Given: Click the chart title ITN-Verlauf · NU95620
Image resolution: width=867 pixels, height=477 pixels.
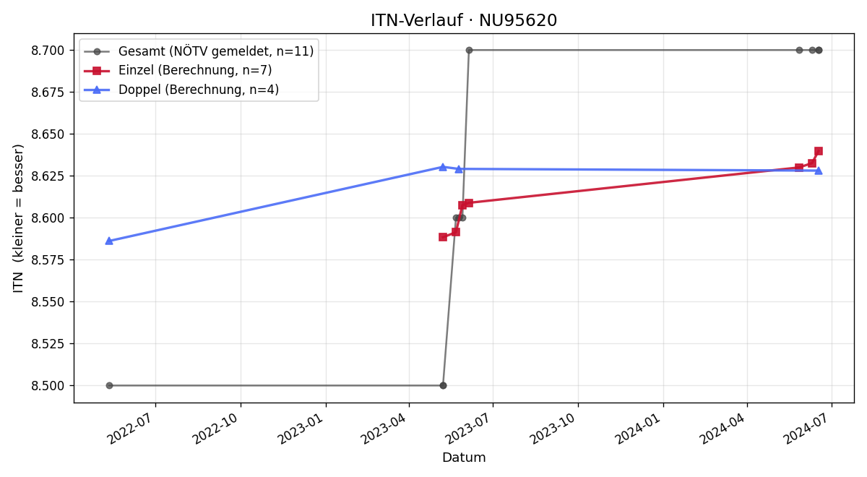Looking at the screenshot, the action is pyautogui.click(x=464, y=20).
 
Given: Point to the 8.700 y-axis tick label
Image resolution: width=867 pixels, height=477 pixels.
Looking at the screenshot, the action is pyautogui.click(x=48, y=51).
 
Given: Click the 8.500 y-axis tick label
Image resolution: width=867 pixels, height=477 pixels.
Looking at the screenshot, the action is pyautogui.click(x=48, y=386).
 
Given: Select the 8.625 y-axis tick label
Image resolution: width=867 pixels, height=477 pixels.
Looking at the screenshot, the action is pyautogui.click(x=48, y=176).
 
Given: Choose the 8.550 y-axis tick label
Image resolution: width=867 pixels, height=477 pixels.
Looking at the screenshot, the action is pyautogui.click(x=48, y=301).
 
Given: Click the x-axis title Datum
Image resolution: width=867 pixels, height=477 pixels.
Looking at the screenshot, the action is pyautogui.click(x=464, y=457).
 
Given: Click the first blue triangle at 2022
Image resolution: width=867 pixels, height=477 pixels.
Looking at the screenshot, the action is pyautogui.click(x=109, y=241).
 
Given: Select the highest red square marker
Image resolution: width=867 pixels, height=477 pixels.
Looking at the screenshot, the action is pyautogui.click(x=818, y=151).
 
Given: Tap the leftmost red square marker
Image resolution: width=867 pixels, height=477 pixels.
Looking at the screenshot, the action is pyautogui.click(x=443, y=237).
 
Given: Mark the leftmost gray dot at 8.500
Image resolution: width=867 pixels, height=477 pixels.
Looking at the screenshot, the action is pyautogui.click(x=109, y=386).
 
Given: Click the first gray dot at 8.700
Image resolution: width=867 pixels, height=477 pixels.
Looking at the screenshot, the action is pyautogui.click(x=469, y=51).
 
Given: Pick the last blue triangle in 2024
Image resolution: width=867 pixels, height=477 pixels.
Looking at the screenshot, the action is pyautogui.click(x=818, y=171).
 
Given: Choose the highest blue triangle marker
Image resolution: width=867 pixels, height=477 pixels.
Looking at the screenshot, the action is pyautogui.click(x=443, y=167).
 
